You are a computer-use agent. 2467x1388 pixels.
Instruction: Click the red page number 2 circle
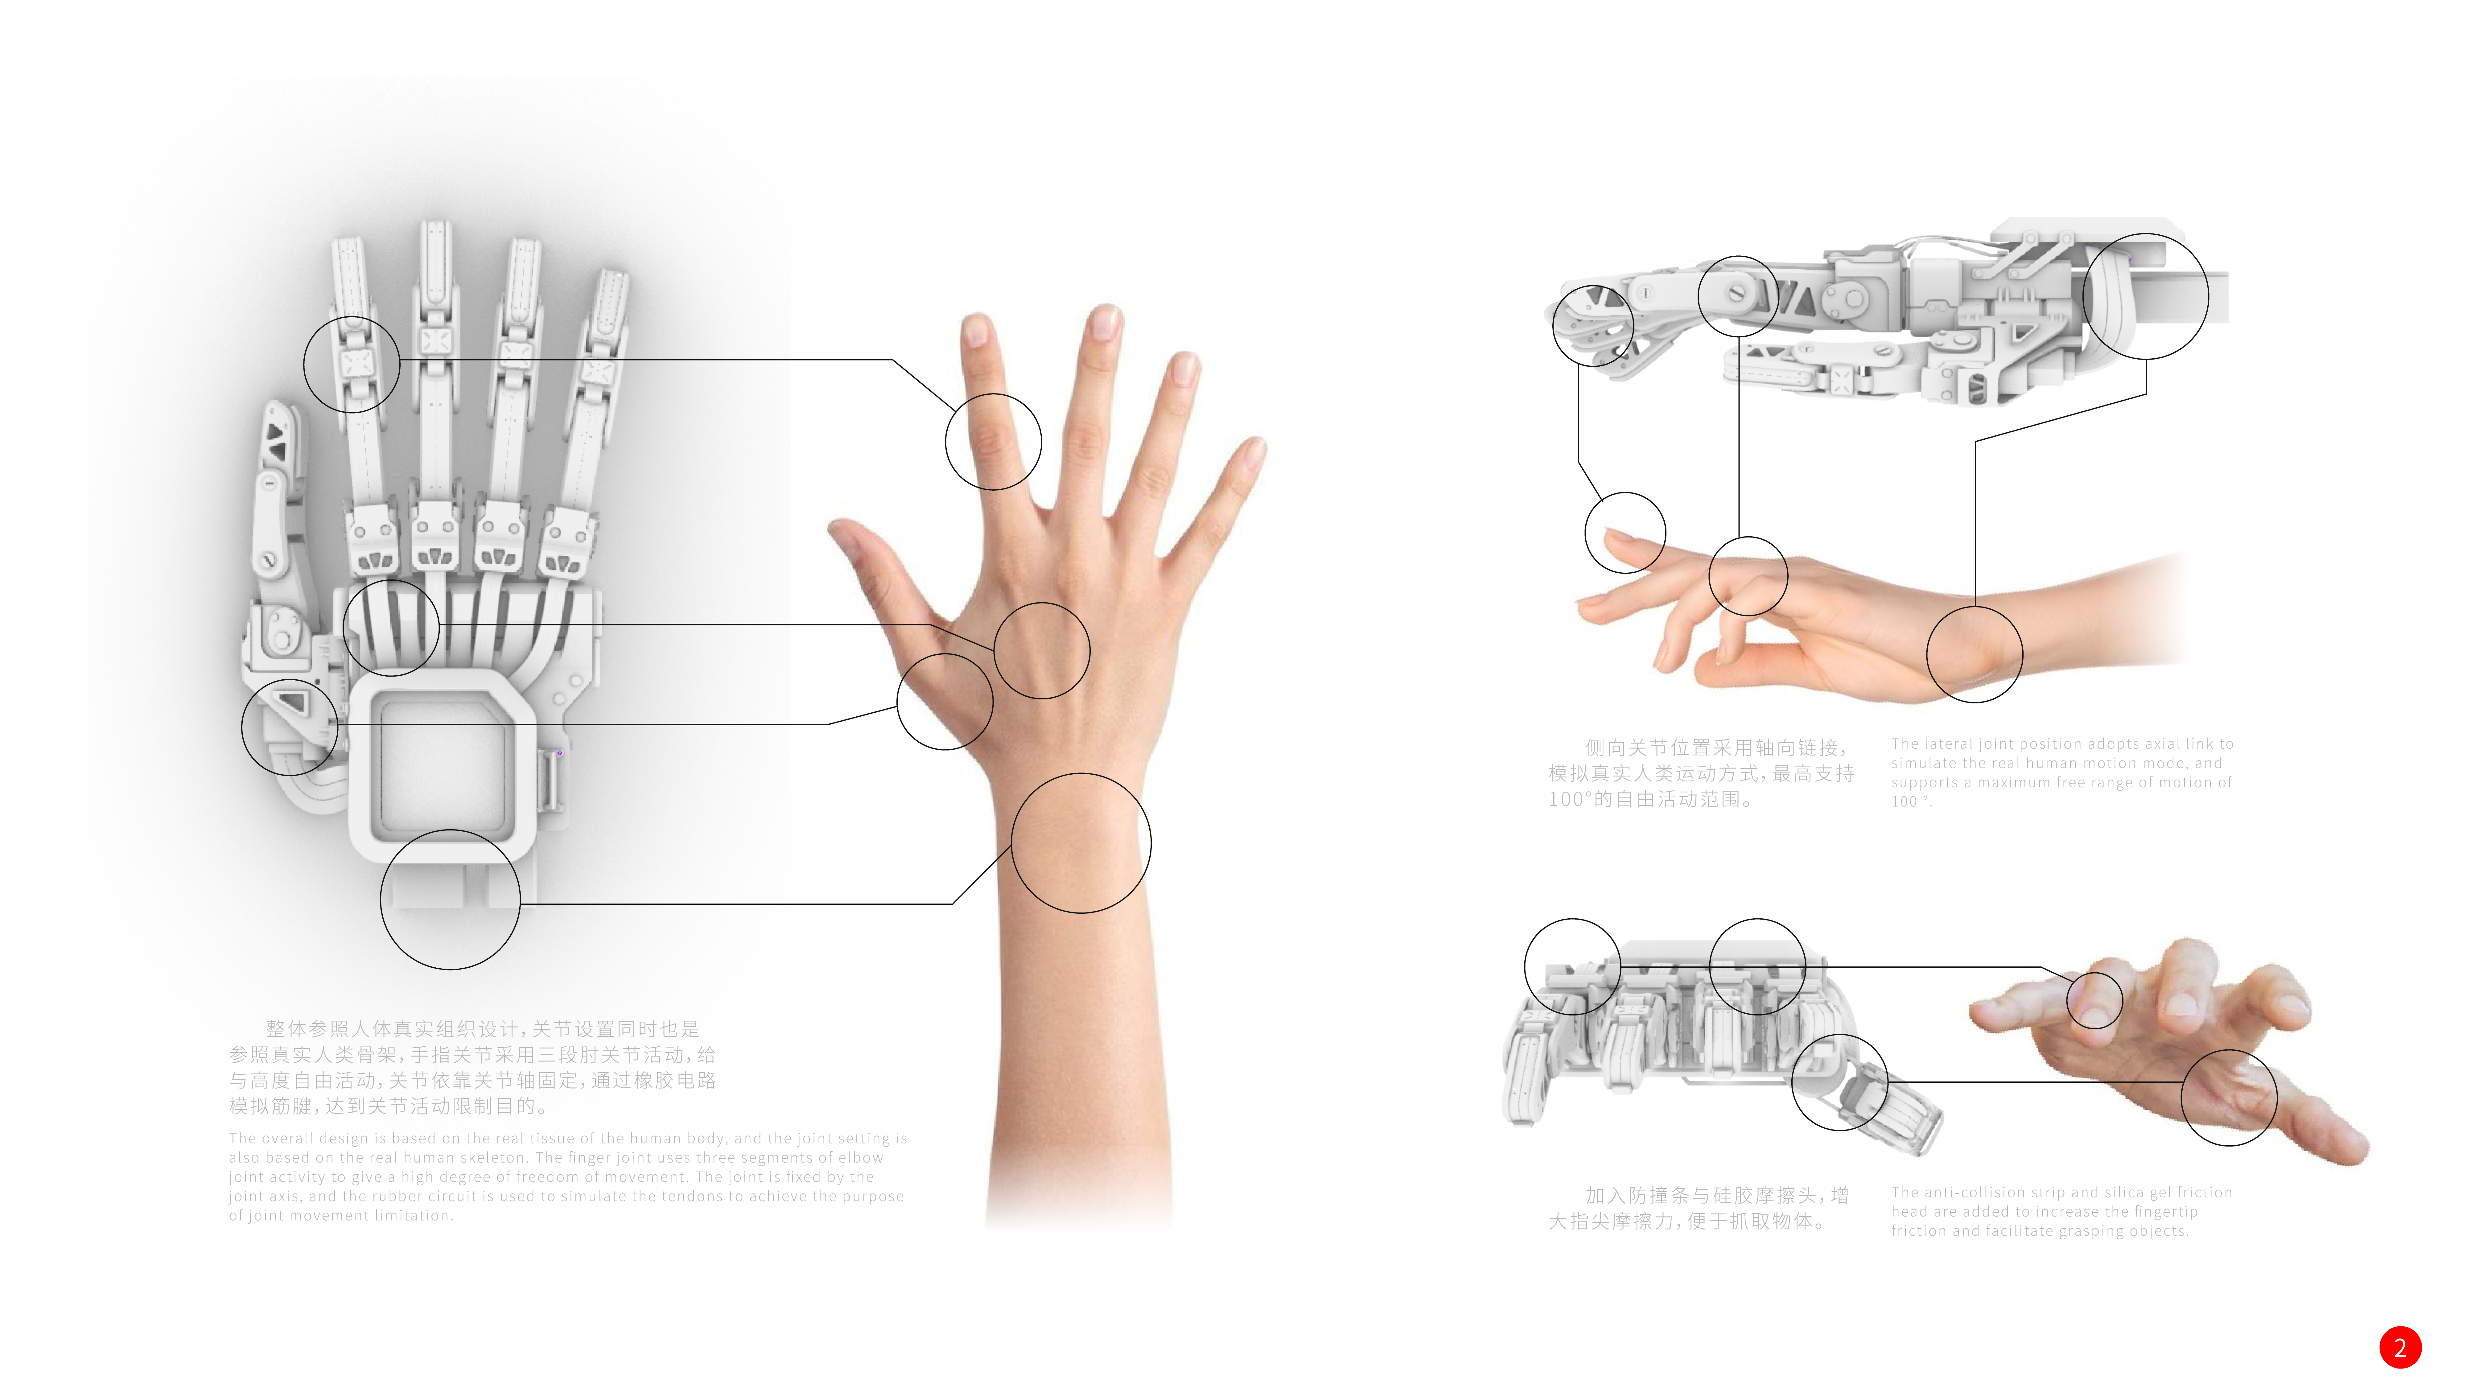coord(2399,1348)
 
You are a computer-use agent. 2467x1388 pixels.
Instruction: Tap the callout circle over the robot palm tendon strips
coord(391,628)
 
